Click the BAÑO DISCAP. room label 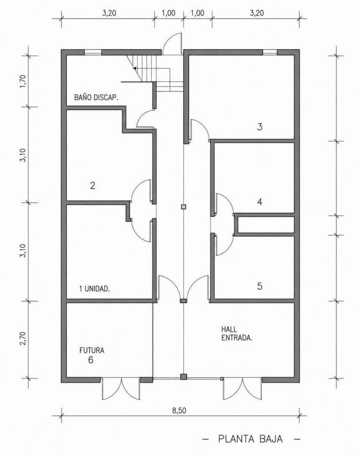96,97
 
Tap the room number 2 92,185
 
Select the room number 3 260,127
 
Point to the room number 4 260,202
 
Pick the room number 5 260,286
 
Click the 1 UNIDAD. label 95,289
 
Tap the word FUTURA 92,350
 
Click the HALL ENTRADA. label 237,334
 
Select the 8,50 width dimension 179,410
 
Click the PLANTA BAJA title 251,439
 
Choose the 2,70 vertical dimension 23,338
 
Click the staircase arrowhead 135,68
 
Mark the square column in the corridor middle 183,207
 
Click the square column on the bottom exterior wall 183,377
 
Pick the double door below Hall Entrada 243,388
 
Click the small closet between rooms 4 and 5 266,225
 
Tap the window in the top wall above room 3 270,52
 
